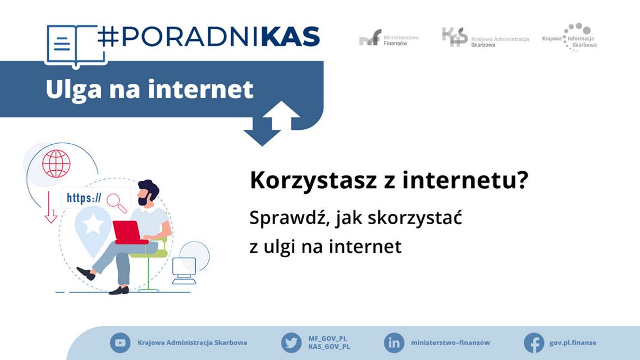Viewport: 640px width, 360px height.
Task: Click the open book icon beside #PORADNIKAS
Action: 71,45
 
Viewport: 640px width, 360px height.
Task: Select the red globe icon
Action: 56,163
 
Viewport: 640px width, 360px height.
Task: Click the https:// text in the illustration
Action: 84,198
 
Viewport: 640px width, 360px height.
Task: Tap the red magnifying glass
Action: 117,202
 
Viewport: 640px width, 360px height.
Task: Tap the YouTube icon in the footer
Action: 120,343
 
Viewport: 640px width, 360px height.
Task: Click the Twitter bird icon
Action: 291,343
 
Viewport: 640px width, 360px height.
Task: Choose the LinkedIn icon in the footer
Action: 394,343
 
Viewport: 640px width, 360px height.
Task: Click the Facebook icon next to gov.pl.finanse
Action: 533,343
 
